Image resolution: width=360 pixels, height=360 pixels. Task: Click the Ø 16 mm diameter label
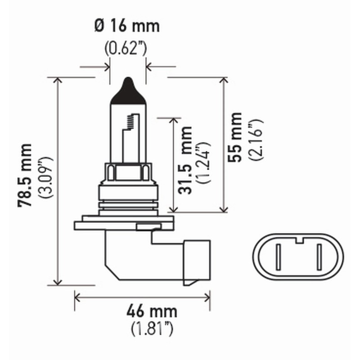127,26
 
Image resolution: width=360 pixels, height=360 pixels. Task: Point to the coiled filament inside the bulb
131,121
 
